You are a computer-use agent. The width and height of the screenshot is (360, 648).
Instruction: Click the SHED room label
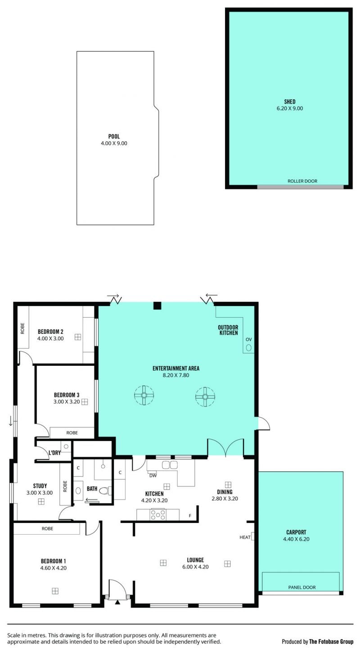[x=290, y=102]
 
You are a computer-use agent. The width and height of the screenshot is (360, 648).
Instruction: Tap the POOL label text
[x=114, y=136]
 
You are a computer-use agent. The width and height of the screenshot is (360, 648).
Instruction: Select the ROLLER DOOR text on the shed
[x=302, y=181]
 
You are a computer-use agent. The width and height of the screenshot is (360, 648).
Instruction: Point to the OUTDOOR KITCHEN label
[x=228, y=330]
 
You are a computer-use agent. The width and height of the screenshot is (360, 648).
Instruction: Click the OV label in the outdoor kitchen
[x=248, y=339]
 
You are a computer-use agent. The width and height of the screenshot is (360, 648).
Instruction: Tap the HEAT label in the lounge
[x=245, y=537]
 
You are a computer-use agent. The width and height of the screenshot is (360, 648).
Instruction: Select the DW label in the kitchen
[x=153, y=475]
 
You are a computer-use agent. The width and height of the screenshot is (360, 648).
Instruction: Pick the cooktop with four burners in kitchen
[x=158, y=515]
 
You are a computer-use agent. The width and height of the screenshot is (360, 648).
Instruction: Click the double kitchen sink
[x=170, y=465]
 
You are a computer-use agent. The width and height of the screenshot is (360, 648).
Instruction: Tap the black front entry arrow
[x=117, y=602]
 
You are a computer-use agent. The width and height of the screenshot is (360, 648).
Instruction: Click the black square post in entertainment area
[x=157, y=306]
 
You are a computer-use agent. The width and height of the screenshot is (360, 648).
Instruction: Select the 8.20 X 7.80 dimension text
[x=176, y=375]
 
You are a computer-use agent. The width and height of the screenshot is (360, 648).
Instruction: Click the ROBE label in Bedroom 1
[x=47, y=528]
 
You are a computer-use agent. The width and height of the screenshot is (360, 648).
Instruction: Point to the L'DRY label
[x=55, y=453]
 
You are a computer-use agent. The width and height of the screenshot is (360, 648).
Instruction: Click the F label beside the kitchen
[x=190, y=516]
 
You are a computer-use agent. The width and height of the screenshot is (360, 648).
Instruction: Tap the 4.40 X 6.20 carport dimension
[x=297, y=539]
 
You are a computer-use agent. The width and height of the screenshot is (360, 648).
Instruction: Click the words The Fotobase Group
[x=331, y=641]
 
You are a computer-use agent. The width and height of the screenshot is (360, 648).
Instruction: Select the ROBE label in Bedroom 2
[x=22, y=328]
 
